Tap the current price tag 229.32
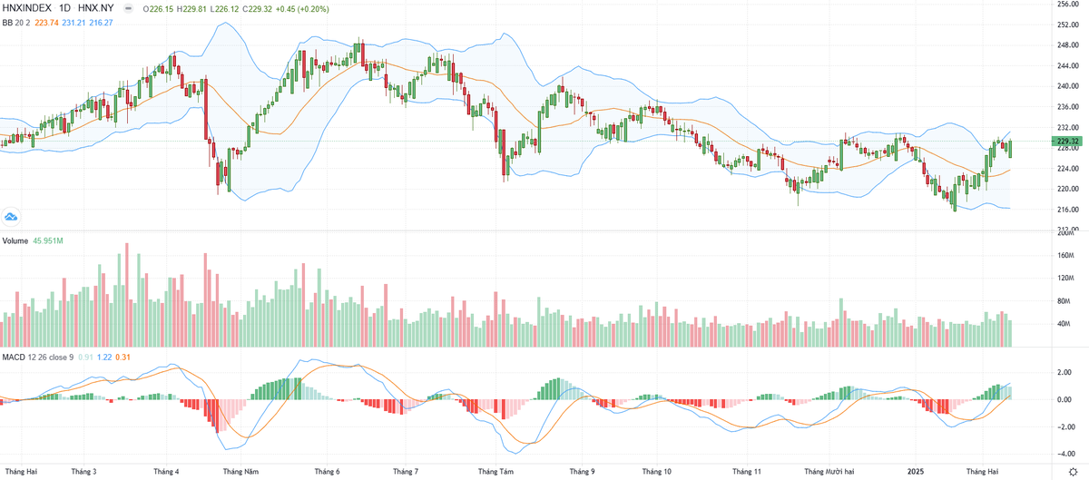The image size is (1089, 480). [x=1067, y=142]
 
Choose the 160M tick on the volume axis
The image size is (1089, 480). [x=1065, y=256]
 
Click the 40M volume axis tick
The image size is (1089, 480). [x=1065, y=324]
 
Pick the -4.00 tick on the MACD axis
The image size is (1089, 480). [x=1065, y=455]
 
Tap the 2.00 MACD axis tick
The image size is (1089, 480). [x=1065, y=372]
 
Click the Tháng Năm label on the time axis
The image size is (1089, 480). [x=240, y=472]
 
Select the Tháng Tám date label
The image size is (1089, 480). [x=495, y=472]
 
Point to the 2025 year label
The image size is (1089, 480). [x=917, y=472]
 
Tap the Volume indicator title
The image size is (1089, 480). [x=15, y=240]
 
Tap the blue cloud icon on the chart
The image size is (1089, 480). [x=12, y=216]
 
